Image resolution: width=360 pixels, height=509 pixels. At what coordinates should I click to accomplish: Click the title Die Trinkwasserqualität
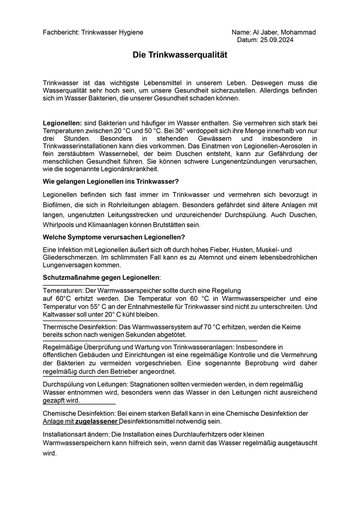(x=180, y=55)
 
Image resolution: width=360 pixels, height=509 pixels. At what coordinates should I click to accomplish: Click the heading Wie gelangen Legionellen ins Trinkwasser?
(x=111, y=182)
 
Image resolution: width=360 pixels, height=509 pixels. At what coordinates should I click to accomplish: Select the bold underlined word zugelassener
(x=97, y=421)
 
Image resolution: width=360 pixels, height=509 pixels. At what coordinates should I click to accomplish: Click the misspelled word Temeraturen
(x=63, y=291)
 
